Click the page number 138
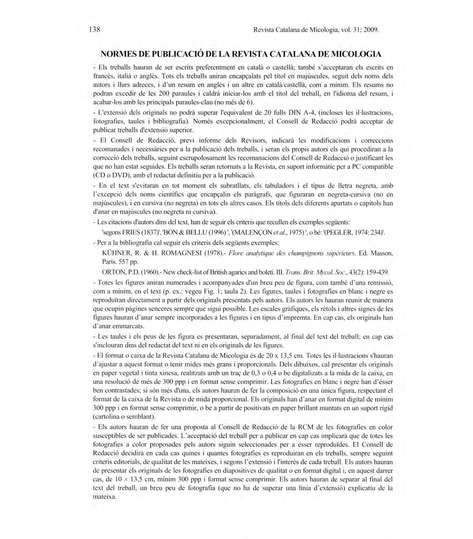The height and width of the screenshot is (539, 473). pos(94,30)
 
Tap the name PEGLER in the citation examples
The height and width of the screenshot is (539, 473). pos(335,232)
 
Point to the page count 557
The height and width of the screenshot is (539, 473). pos(124,262)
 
